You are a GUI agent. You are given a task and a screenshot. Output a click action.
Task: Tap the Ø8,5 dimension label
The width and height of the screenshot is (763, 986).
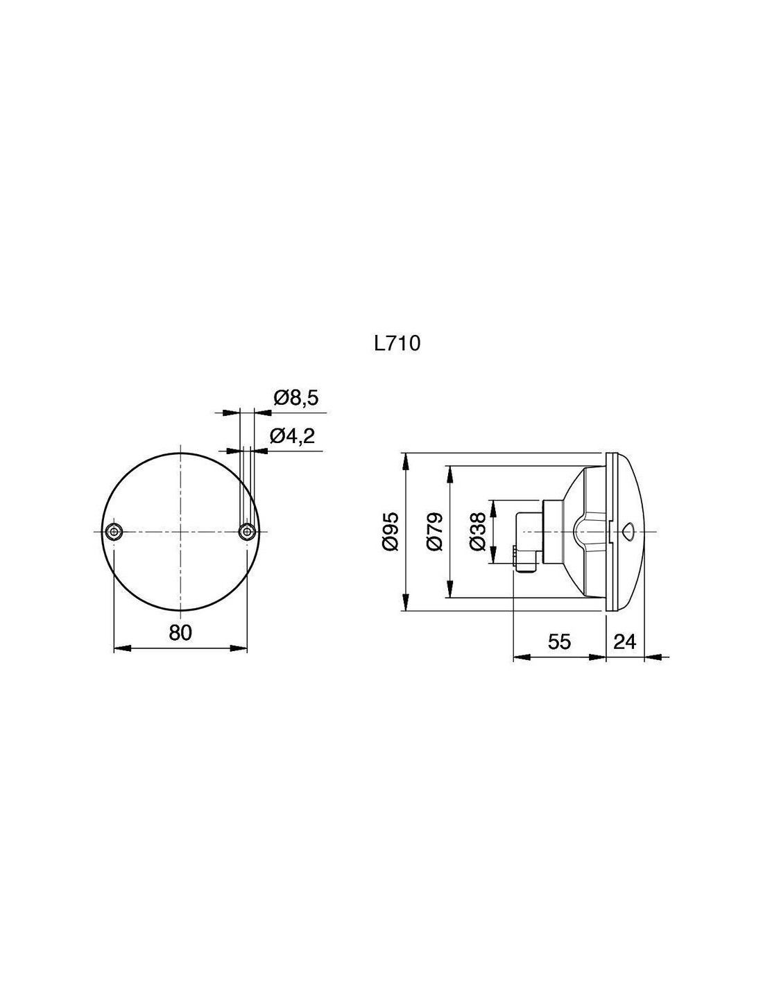click(x=296, y=399)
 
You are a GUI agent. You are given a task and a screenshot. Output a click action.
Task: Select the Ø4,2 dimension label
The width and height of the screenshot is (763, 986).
click(x=292, y=436)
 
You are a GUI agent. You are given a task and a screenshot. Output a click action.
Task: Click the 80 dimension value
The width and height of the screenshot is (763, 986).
click(x=180, y=632)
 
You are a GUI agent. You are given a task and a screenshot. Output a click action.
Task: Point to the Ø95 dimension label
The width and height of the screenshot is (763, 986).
click(x=391, y=531)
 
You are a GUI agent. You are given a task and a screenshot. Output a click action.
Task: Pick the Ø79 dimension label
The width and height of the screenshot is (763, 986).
click(x=435, y=531)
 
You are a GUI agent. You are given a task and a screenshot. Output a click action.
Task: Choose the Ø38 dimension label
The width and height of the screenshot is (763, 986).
click(x=478, y=531)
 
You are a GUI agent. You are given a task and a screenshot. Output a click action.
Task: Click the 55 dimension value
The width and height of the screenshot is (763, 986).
click(x=559, y=641)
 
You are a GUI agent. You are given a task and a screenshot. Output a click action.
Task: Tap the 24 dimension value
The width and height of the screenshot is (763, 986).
click(x=625, y=641)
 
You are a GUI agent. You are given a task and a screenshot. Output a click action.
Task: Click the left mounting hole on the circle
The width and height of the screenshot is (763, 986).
click(x=114, y=531)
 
